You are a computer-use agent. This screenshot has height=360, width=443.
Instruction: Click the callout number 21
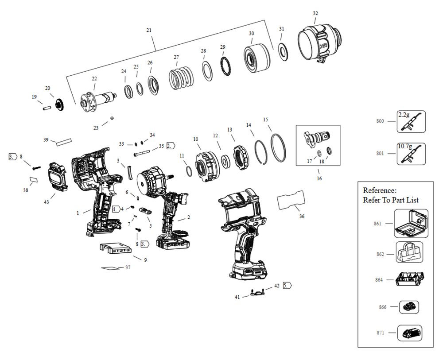point(149,30)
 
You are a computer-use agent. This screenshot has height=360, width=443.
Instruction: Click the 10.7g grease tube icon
point(411,153)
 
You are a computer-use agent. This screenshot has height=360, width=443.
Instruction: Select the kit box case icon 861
point(411,224)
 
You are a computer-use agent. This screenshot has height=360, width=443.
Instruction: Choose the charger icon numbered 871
point(410,333)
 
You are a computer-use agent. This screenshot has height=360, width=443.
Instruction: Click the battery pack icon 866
point(409,306)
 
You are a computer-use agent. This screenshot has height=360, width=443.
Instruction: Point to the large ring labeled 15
point(278,147)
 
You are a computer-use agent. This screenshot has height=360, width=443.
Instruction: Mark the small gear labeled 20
point(58,105)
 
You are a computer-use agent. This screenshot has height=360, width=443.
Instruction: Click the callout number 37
point(128,267)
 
